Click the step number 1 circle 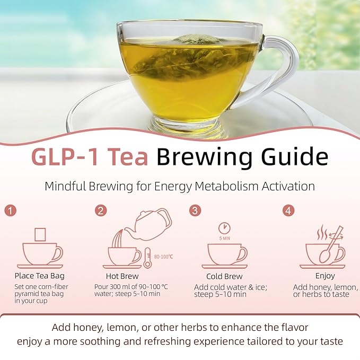pos(10,210)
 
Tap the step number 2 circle pos(101,210)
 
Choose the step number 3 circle pos(195,210)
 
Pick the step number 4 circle pos(288,210)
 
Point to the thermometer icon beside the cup pos(147,257)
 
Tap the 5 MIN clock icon pos(225,228)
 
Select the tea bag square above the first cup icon pos(40,234)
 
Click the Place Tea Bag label pos(40,276)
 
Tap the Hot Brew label pos(122,276)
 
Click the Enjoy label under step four pos(324,276)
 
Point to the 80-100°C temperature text pos(163,257)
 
